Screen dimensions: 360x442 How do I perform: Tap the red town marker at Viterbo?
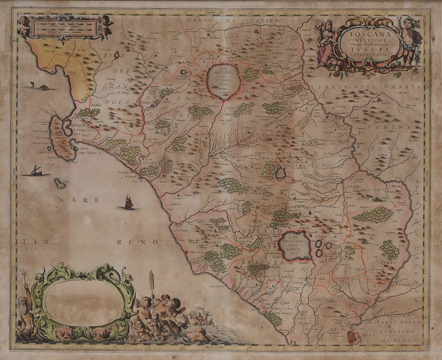coord(270,139)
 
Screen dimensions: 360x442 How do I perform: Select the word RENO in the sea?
coord(145,242)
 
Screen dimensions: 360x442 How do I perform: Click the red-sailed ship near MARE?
coord(128,203)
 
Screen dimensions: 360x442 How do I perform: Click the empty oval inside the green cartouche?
coord(83,302)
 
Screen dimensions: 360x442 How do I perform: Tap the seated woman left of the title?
coord(325,43)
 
